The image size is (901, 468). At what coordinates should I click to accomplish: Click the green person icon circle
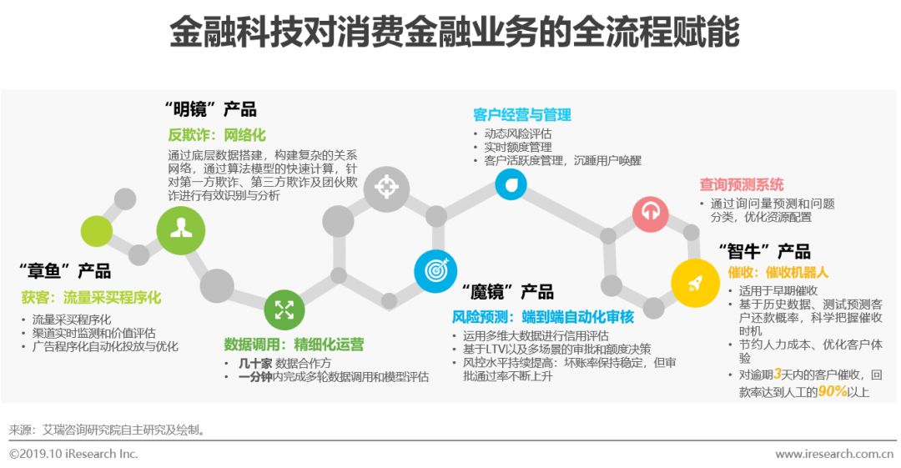tap(181, 230)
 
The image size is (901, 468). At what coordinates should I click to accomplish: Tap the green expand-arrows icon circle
tap(285, 309)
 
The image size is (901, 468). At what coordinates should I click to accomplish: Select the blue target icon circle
tap(435, 271)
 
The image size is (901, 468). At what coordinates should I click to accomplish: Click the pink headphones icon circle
tap(650, 214)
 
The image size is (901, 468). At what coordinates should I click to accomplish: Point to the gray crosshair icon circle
tap(386, 189)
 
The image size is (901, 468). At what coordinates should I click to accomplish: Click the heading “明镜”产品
tap(209, 109)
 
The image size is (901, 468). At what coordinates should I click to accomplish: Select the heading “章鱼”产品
tap(64, 271)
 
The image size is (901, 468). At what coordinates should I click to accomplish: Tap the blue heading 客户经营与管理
tap(521, 114)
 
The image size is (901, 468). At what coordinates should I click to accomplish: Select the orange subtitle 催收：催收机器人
tap(778, 272)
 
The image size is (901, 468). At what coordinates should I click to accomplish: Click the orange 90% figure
tap(833, 390)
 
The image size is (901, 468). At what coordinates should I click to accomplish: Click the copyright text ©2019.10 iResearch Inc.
tap(73, 454)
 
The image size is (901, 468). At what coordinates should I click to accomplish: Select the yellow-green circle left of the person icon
tap(97, 231)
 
